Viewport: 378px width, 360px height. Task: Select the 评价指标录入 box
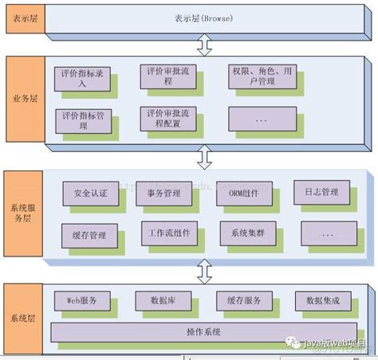tap(84, 76)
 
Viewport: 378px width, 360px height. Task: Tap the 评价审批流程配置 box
tap(167, 119)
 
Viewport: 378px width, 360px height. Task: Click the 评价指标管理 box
tap(84, 119)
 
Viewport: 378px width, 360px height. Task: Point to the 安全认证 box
tap(89, 194)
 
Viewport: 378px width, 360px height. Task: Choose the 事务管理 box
tap(166, 194)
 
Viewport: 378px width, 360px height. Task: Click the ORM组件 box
tap(242, 194)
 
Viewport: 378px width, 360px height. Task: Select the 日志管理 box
tap(321, 193)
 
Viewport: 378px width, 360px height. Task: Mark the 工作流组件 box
tap(168, 234)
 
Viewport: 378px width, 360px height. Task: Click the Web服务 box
tap(82, 300)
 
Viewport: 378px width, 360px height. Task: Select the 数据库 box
tap(163, 300)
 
